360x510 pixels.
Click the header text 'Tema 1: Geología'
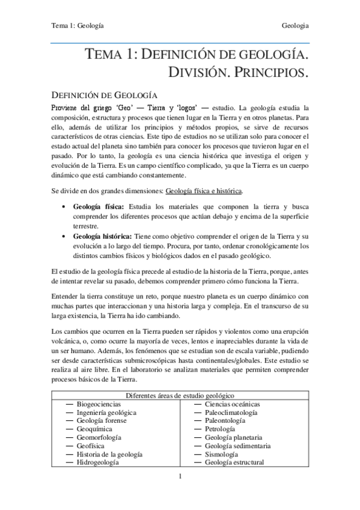[x=76, y=26]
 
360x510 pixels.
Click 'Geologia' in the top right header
[x=295, y=26]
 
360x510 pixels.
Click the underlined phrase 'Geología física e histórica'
[x=204, y=190]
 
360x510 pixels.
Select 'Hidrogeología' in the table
[x=97, y=462]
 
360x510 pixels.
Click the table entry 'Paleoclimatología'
[x=231, y=413]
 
